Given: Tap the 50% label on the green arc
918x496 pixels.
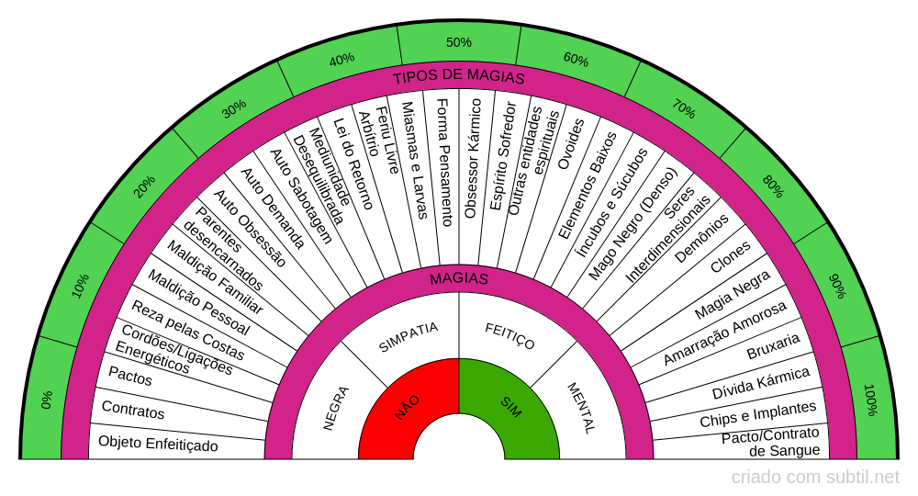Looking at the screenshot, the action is [458, 42].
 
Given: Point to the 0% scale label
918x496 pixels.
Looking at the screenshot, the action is [47, 400].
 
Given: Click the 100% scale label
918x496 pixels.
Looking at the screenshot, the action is [870, 400].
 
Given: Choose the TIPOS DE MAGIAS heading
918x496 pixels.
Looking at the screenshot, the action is [458, 77].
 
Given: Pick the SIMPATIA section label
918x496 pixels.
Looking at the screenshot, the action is [409, 337].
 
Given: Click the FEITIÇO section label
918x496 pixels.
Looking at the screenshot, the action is [509, 336].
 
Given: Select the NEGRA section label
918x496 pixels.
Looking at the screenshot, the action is [336, 408].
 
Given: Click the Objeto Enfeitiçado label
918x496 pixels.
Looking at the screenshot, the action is [158, 444].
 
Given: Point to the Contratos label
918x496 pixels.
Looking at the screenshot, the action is [133, 410].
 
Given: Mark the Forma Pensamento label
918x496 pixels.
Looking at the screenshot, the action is [444, 163].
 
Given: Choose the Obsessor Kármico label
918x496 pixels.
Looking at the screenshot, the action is [473, 159].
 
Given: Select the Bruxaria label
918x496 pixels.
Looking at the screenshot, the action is [773, 346].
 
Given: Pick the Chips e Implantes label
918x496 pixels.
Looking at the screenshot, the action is [757, 414].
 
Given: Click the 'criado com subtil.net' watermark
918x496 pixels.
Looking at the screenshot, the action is [815, 478].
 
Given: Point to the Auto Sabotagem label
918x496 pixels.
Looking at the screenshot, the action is [301, 197].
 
